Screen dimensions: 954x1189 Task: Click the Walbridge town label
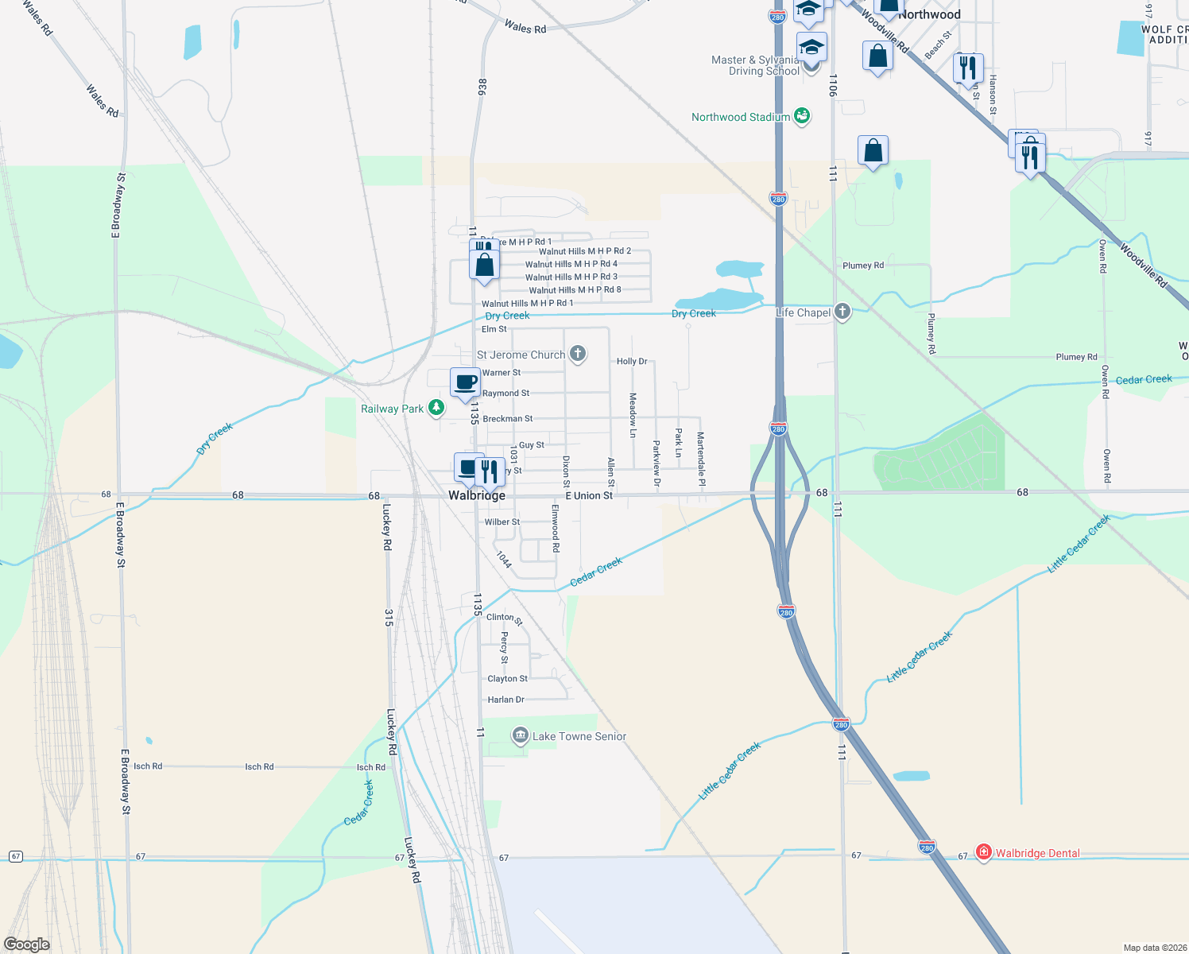tap(476, 495)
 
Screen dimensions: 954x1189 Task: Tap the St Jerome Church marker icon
tap(578, 355)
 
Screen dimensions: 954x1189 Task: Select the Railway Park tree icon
tap(436, 408)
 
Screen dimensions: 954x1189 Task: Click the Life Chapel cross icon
tap(842, 312)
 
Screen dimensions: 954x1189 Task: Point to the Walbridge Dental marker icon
tap(984, 852)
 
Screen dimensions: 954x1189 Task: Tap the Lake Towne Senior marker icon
tap(520, 735)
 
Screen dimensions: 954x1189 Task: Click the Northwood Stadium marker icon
tap(802, 116)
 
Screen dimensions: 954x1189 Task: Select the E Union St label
tap(589, 495)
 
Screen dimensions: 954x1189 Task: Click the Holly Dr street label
tap(632, 361)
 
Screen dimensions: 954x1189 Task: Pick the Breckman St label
tap(508, 418)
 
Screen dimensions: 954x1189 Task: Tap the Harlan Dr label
tap(506, 700)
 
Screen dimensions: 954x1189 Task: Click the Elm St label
tap(494, 329)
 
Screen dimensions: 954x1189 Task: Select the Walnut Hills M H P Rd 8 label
tap(575, 290)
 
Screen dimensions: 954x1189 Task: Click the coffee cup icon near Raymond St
tap(465, 382)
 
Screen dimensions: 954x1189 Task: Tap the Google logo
tap(26, 944)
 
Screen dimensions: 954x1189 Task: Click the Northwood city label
tap(929, 14)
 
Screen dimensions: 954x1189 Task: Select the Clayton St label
tap(508, 679)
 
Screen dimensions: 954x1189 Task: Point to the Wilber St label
tap(502, 522)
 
